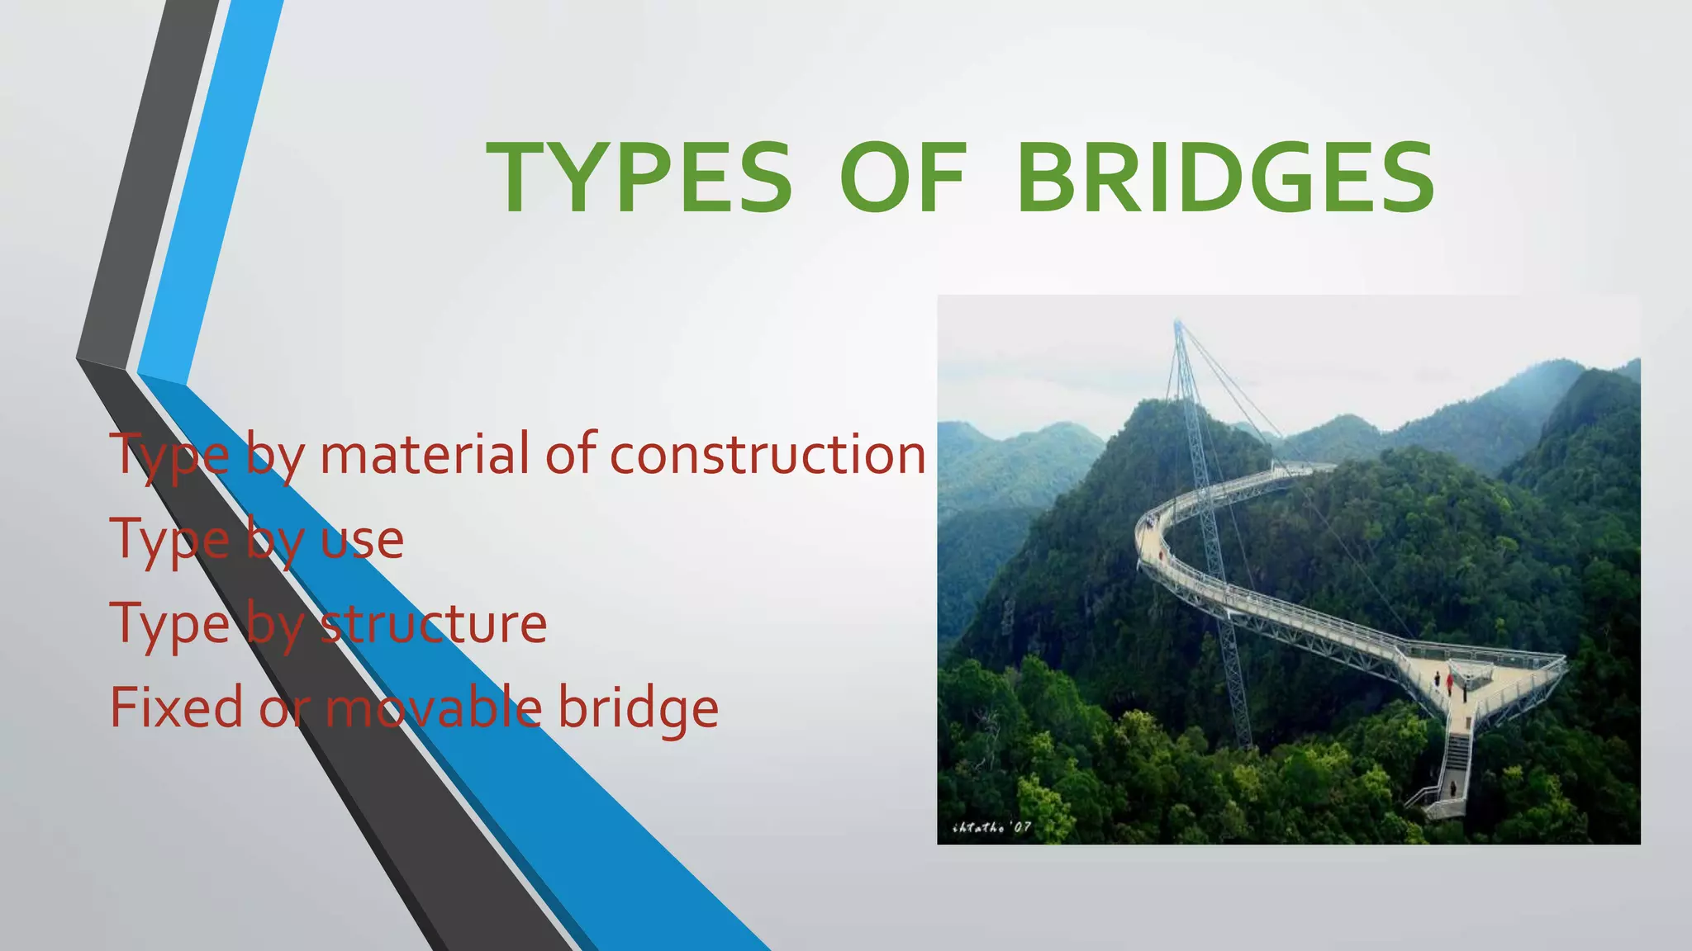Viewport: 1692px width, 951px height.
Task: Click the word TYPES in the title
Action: pos(639,178)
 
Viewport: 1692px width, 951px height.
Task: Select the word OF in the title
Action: pos(902,178)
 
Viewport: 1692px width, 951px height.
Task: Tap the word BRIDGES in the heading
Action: pos(1225,178)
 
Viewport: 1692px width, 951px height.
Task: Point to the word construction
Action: pos(768,456)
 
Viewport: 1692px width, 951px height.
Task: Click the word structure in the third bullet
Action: pos(433,624)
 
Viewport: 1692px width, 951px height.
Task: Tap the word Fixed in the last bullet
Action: pos(176,707)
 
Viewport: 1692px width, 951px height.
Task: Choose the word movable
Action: pos(433,707)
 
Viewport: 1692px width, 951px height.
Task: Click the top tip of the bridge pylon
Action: pos(1177,324)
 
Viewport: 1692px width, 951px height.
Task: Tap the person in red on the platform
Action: pos(1450,681)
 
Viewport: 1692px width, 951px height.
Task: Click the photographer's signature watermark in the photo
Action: pos(991,827)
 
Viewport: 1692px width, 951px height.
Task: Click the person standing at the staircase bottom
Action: pos(1452,788)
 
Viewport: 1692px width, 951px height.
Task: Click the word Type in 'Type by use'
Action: pos(169,542)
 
